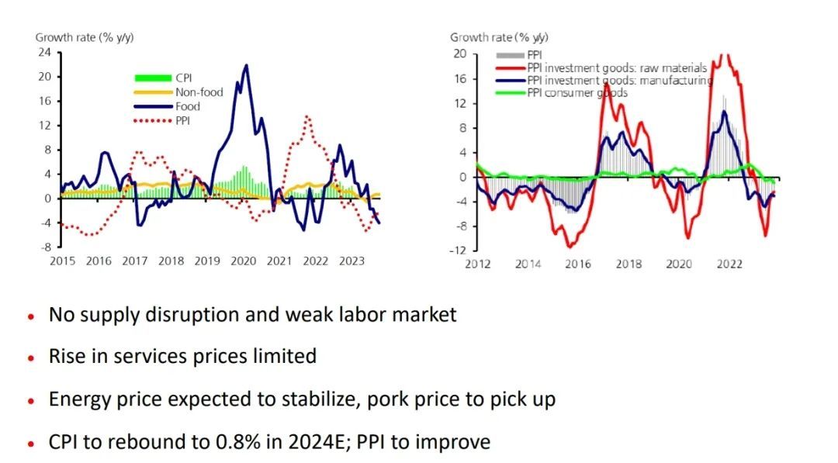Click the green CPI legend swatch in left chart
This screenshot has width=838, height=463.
(x=152, y=78)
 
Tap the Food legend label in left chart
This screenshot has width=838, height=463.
(x=188, y=106)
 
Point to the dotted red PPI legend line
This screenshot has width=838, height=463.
(x=152, y=120)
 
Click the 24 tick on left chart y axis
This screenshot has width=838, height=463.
(x=46, y=53)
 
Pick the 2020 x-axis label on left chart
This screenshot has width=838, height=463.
(x=244, y=261)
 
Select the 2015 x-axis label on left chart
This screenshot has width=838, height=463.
(x=62, y=261)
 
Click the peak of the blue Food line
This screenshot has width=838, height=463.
(x=247, y=65)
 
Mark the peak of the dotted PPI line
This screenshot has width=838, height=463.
(x=308, y=117)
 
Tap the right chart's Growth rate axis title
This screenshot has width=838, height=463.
(x=499, y=37)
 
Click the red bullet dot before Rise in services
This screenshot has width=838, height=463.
(x=31, y=358)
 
